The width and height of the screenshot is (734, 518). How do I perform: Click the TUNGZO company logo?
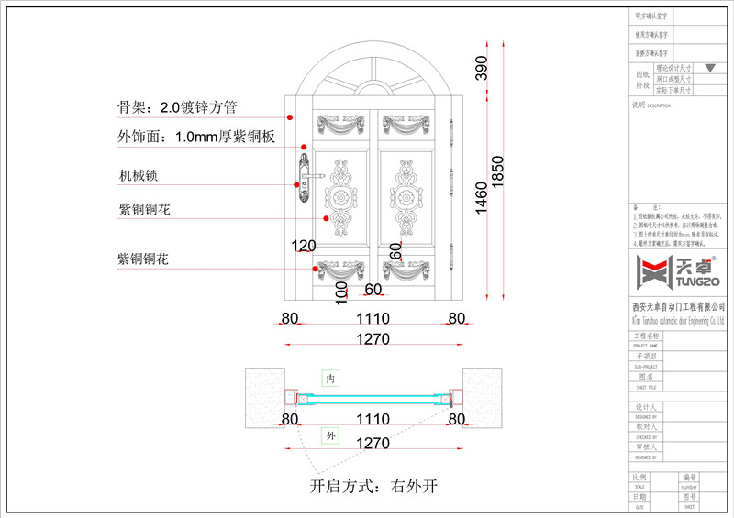click(674, 271)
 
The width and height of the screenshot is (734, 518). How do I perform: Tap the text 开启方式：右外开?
click(373, 486)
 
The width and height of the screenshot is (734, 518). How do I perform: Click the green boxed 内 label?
click(330, 378)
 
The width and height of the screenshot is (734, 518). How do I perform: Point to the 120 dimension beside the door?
click(303, 245)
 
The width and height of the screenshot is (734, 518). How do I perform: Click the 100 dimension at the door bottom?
click(341, 292)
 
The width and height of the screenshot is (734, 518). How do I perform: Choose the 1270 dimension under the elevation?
click(373, 339)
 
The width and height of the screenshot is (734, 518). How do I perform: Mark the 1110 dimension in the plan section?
click(373, 419)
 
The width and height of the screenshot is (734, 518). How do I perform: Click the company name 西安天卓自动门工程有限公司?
click(678, 306)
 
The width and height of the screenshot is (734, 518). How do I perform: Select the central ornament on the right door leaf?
click(405, 196)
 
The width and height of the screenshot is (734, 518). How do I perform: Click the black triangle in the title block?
click(709, 68)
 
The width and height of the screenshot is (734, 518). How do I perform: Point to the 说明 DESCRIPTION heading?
click(652, 105)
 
